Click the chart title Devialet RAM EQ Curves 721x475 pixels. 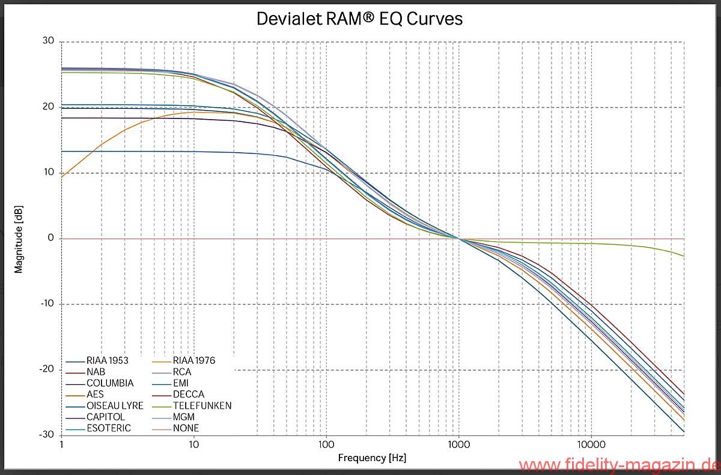(x=359, y=19)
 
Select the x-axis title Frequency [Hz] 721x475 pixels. (x=372, y=458)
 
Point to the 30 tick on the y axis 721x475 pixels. (x=48, y=41)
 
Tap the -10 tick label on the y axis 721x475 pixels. (x=46, y=304)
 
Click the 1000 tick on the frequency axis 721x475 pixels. (x=459, y=445)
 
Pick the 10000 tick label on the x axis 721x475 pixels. (x=591, y=445)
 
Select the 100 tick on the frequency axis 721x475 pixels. (x=326, y=445)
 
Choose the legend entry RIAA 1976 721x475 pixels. (x=193, y=361)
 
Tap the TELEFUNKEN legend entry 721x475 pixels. (x=202, y=406)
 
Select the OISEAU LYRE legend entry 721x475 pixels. (x=115, y=406)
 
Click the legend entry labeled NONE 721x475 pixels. (x=186, y=429)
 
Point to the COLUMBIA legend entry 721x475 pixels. (x=110, y=383)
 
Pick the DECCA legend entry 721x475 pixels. (x=189, y=394)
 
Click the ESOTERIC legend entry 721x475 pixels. (x=109, y=429)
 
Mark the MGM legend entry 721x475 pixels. (x=184, y=417)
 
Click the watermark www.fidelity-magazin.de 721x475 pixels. (x=619, y=465)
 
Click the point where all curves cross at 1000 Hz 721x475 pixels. (x=459, y=239)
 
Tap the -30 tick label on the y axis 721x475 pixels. (x=46, y=434)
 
